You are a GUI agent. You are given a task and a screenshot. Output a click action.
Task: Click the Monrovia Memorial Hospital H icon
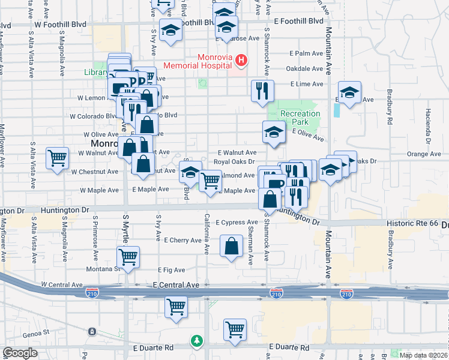[241, 60]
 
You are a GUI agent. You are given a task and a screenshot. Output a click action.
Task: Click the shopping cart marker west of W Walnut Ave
[58, 158]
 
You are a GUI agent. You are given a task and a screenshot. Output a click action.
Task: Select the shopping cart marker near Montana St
[128, 257]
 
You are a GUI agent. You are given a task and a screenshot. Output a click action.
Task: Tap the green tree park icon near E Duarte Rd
[196, 341]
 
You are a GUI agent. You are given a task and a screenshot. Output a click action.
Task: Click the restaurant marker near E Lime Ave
[262, 91]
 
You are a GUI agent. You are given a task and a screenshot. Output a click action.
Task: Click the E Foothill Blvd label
[298, 20]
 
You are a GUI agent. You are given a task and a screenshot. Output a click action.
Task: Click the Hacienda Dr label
[429, 127]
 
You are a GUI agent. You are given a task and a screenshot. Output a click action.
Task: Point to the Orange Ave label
[423, 154]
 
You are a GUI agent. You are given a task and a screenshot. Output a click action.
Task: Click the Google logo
[20, 353]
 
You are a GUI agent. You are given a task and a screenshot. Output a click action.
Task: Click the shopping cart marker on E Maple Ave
[210, 180]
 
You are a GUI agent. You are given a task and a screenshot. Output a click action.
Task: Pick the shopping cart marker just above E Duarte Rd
[235, 329]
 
